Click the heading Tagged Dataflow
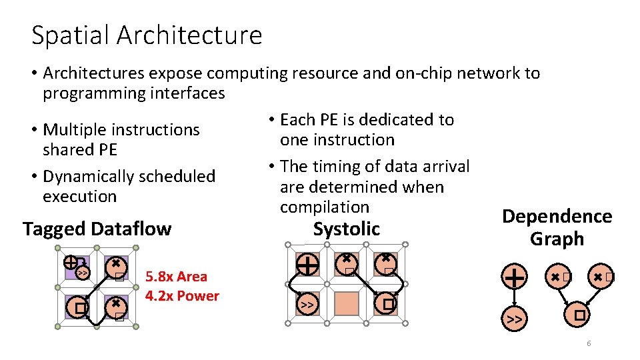pyautogui.click(x=97, y=229)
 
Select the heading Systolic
pyautogui.click(x=346, y=229)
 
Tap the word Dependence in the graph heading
pyautogui.click(x=557, y=217)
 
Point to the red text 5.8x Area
pyautogui.click(x=176, y=277)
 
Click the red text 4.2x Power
pyautogui.click(x=182, y=296)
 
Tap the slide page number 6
pyautogui.click(x=589, y=343)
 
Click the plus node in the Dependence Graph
pyautogui.click(x=514, y=275)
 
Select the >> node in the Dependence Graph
pyautogui.click(x=513, y=319)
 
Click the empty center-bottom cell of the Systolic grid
pyautogui.click(x=347, y=304)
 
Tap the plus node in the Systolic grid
pyautogui.click(x=307, y=265)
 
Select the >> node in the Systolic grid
pyautogui.click(x=307, y=305)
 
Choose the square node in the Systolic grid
pyautogui.click(x=387, y=304)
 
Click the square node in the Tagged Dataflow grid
pyautogui.click(x=79, y=308)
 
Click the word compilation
pyautogui.click(x=325, y=207)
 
